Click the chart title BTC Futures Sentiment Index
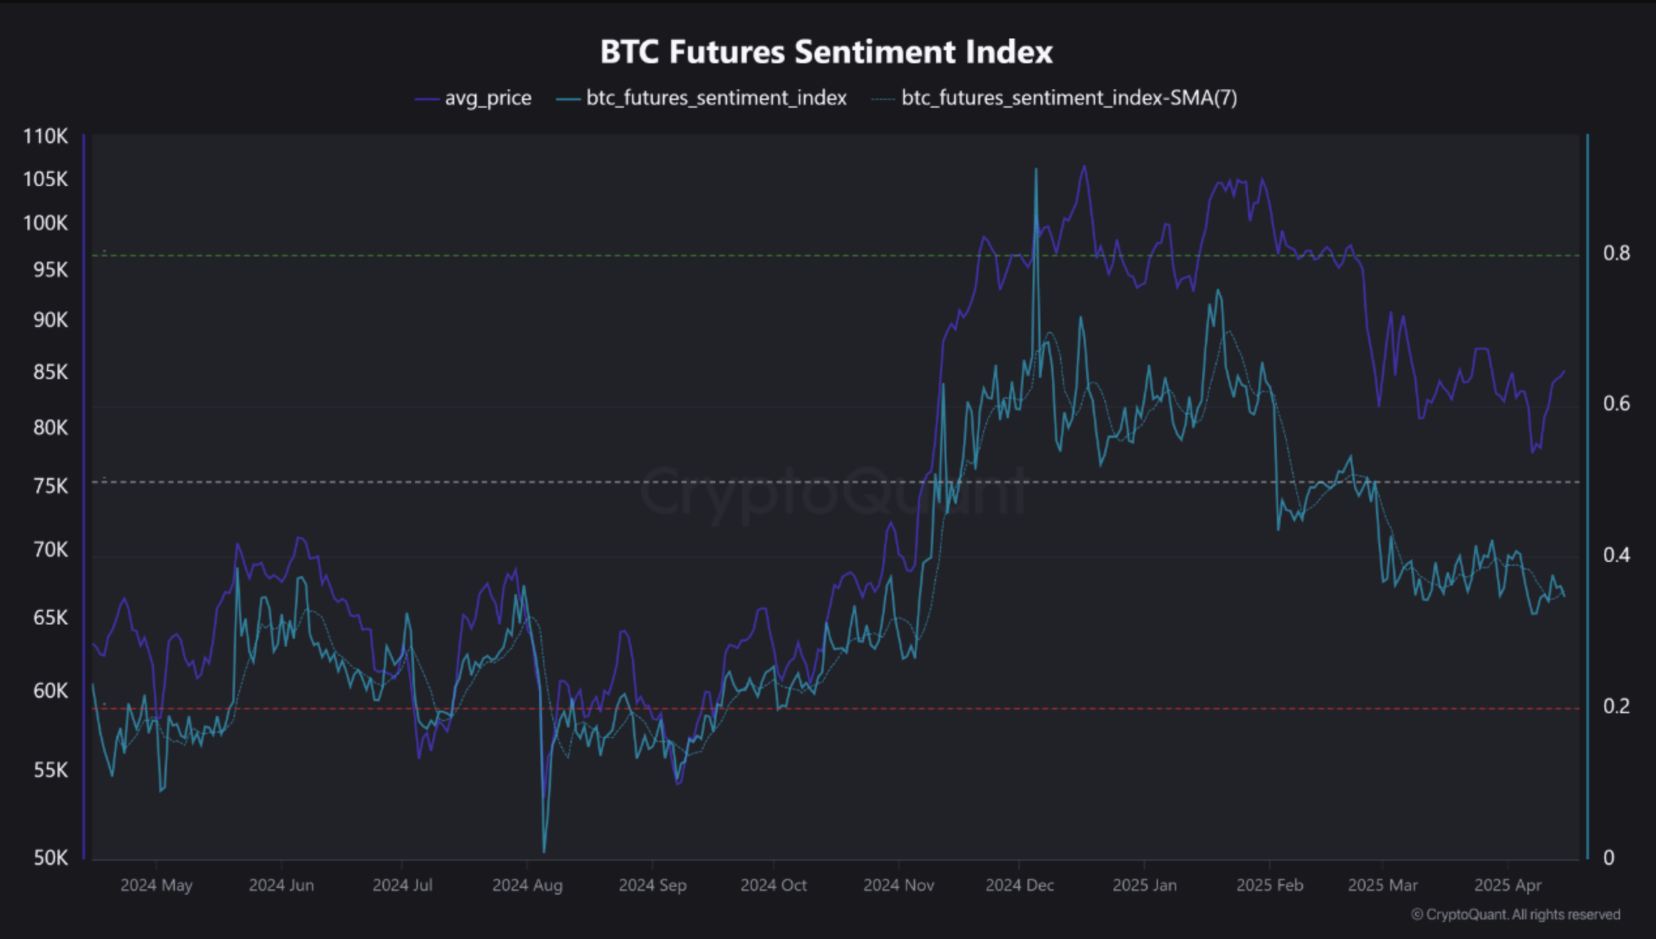tap(826, 52)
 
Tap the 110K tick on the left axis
tap(45, 136)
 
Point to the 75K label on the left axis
tap(50, 486)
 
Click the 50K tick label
tap(50, 857)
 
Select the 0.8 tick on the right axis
tap(1616, 253)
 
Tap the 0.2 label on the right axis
tap(1616, 706)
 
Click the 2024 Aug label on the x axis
tap(527, 885)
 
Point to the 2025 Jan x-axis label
tap(1144, 885)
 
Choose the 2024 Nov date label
tap(898, 885)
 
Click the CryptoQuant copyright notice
tap(1516, 915)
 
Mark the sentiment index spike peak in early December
tap(1036, 169)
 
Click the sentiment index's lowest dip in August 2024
tap(544, 851)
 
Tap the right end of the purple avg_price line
tap(1564, 371)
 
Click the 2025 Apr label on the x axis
tap(1507, 885)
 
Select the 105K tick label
tap(45, 179)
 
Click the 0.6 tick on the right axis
tap(1616, 404)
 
